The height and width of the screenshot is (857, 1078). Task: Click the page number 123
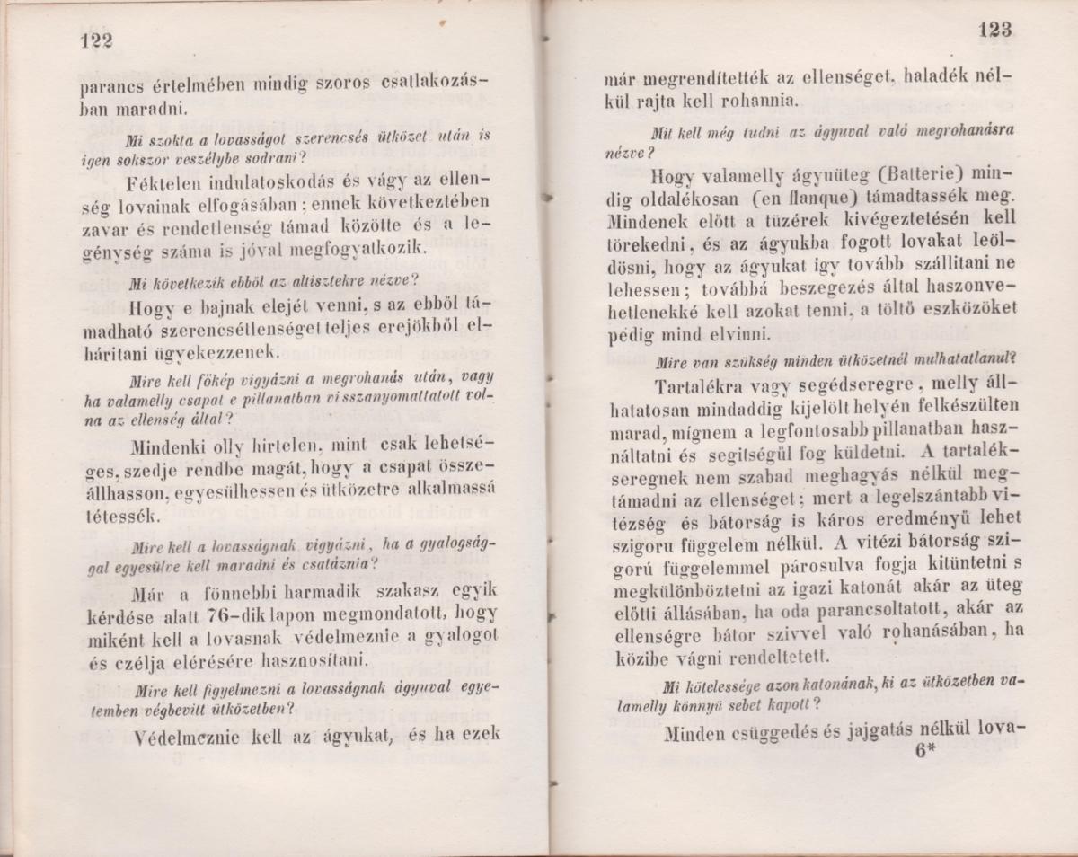[x=992, y=30]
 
